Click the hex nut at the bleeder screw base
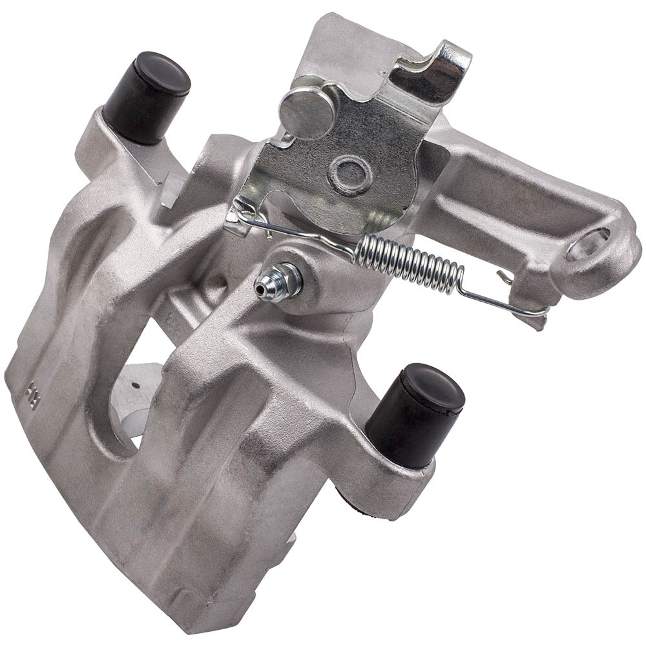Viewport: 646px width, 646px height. (x=290, y=278)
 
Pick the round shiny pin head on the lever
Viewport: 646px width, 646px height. (x=307, y=110)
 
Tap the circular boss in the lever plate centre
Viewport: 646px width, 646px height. (x=349, y=171)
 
